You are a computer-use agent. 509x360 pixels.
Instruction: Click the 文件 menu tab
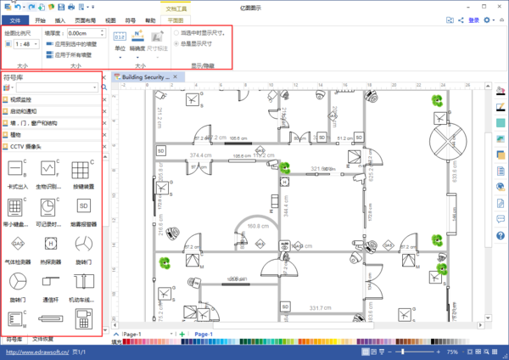click(14, 20)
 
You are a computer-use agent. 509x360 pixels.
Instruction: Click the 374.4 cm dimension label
click(200, 156)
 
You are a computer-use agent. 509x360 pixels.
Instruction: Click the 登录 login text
click(473, 20)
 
